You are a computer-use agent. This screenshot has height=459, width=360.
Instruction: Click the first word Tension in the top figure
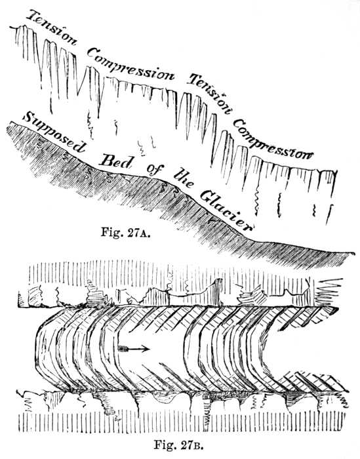click(52, 28)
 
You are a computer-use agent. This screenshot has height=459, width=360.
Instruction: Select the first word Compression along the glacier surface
click(130, 65)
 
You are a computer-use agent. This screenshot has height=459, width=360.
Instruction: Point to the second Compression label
click(273, 138)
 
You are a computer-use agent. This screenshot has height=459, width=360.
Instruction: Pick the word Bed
click(115, 160)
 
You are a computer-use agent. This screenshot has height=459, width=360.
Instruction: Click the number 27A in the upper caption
click(138, 233)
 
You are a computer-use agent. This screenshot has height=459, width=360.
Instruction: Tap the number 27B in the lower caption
click(191, 445)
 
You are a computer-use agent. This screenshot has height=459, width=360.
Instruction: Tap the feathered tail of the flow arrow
click(123, 348)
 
